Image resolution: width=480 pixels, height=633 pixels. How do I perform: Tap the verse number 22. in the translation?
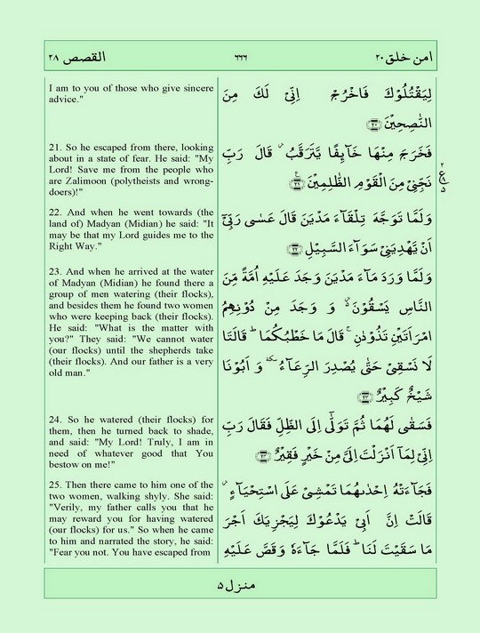tap(55, 212)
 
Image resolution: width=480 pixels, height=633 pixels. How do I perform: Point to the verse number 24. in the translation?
tap(55, 419)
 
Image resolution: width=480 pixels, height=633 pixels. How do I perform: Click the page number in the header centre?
tap(239, 58)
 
